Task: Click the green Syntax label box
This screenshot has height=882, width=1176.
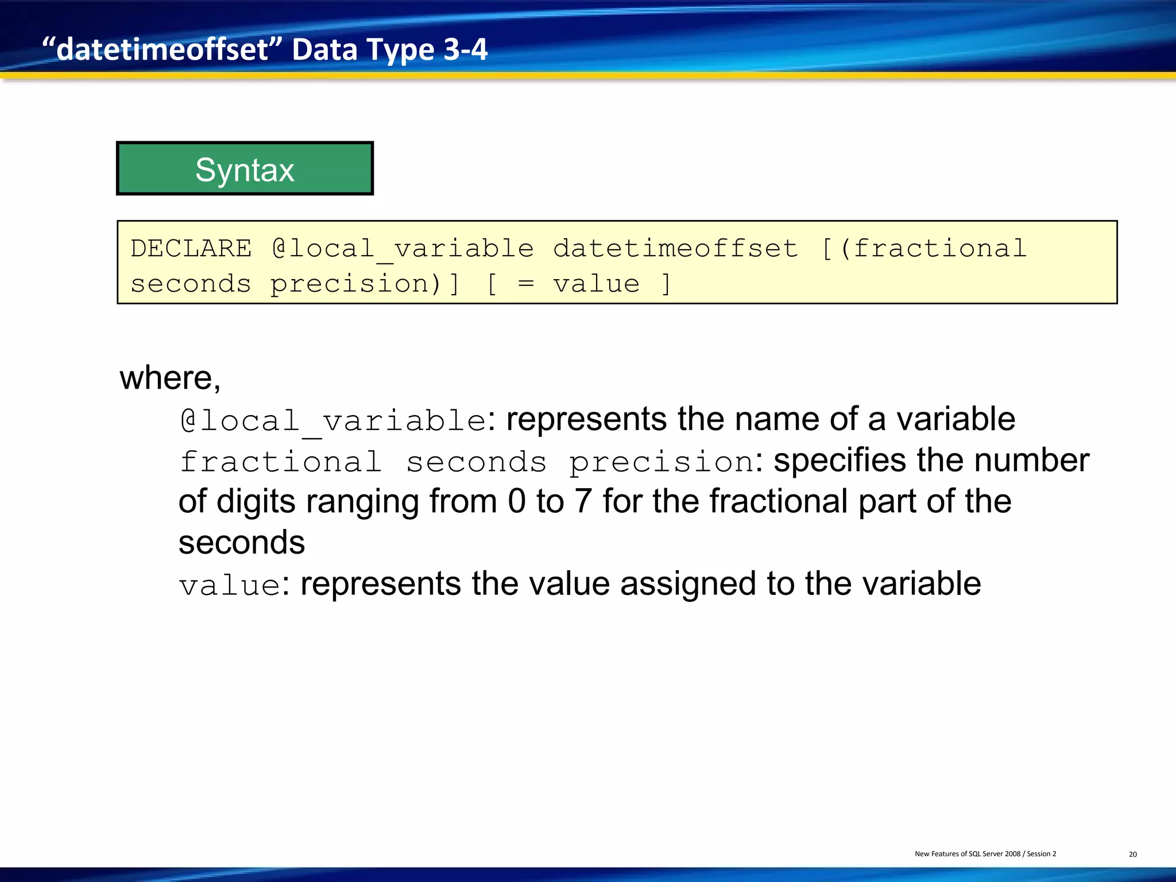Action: pyautogui.click(x=245, y=169)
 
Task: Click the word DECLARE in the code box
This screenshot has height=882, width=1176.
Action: pyautogui.click(x=191, y=249)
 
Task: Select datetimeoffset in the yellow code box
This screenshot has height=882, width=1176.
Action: pyautogui.click(x=675, y=249)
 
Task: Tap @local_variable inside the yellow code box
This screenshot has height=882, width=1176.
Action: pyautogui.click(x=403, y=249)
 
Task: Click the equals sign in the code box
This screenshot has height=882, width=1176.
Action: pyautogui.click(x=525, y=284)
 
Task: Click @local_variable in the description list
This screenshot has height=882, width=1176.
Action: pyautogui.click(x=333, y=421)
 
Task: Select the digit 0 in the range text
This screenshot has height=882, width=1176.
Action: pyautogui.click(x=517, y=501)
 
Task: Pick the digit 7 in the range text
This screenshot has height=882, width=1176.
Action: pyautogui.click(x=583, y=501)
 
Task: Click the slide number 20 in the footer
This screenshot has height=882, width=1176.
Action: pyautogui.click(x=1132, y=854)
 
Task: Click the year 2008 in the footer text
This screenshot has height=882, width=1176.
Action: pyautogui.click(x=1012, y=854)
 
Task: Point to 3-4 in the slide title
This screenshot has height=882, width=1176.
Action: pyautogui.click(x=465, y=49)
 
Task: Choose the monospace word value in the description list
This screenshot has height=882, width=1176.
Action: pyautogui.click(x=229, y=586)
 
